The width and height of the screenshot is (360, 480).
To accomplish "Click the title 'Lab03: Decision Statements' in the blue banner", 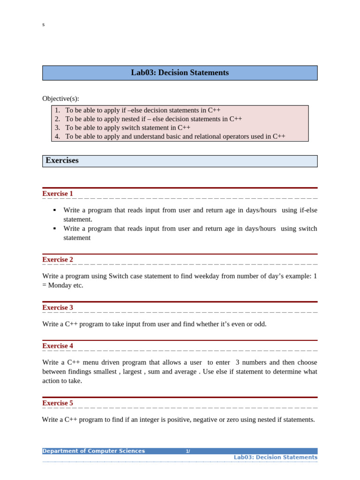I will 180,73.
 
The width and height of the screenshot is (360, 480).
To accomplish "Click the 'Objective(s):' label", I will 60,98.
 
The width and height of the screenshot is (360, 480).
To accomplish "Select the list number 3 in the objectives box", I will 57,127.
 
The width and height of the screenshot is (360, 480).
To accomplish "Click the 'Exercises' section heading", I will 62,161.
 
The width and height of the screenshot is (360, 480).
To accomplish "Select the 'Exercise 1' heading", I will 58,194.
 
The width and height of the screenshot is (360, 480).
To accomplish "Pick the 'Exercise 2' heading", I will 58,260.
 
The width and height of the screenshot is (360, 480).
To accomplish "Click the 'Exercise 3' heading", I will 58,307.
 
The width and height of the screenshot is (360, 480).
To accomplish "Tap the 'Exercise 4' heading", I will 58,346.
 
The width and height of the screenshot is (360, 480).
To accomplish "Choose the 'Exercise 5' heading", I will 58,403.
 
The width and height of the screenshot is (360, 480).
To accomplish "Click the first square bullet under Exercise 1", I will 55,210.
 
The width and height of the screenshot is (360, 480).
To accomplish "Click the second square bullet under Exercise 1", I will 55,229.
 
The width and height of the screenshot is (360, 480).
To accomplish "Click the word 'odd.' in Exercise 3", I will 259,324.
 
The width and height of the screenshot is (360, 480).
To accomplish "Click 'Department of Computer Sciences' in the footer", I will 94,451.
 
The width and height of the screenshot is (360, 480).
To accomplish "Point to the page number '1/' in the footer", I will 187,451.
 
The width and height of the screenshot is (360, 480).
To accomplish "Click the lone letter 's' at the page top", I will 44,24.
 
